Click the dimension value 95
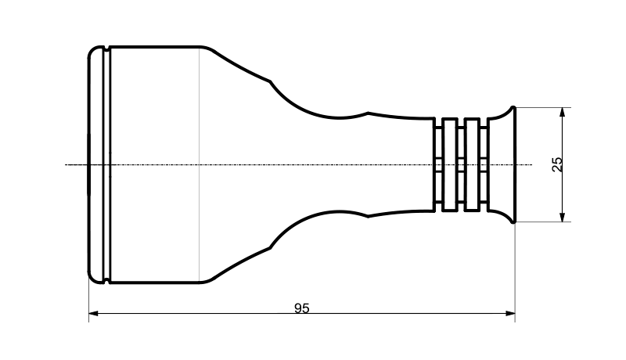pyautogui.click(x=302, y=308)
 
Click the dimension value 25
pyautogui.click(x=557, y=164)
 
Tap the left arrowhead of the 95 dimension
pyautogui.click(x=93, y=314)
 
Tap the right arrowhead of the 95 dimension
pyautogui.click(x=510, y=314)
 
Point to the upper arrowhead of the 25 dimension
pyautogui.click(x=563, y=112)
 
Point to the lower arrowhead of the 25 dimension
pyautogui.click(x=563, y=217)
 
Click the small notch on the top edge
pyautogui.click(x=106, y=49)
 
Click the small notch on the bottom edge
pyautogui.click(x=106, y=281)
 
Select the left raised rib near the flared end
pyautogui.click(x=450, y=164)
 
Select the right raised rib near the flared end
pyautogui.click(x=473, y=164)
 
